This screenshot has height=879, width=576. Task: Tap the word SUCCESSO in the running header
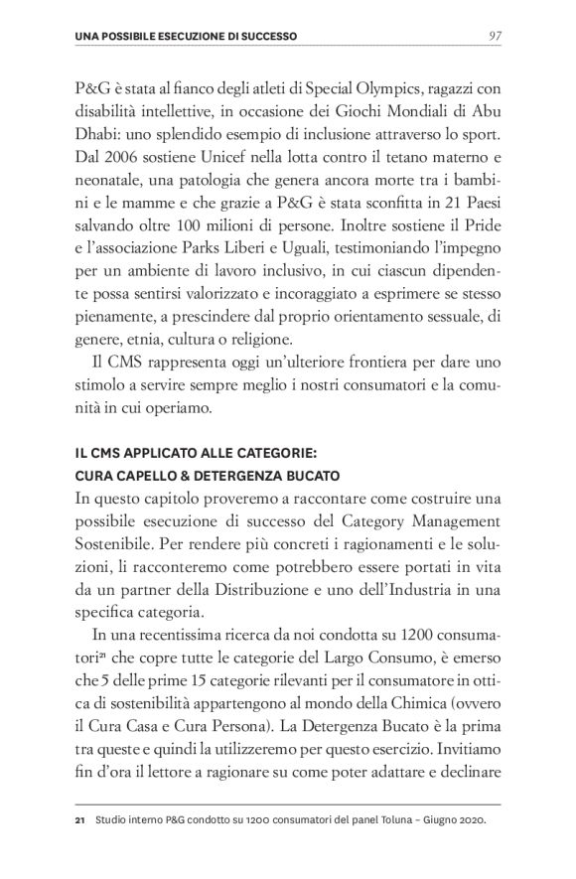tap(261, 37)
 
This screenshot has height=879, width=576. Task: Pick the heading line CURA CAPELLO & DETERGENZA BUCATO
tap(208, 475)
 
